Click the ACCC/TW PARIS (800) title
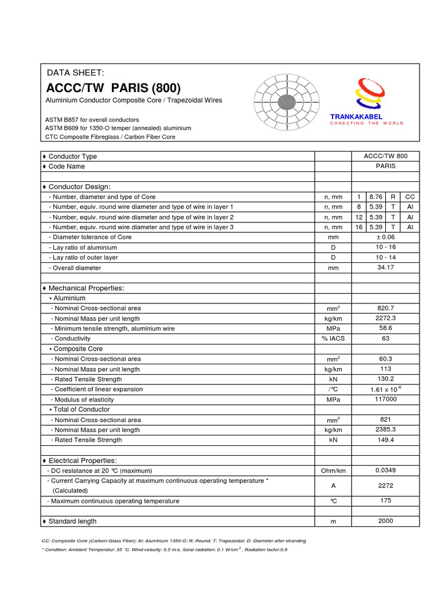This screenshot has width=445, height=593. coord(113,89)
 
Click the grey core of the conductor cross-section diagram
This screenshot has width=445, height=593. coord(284,104)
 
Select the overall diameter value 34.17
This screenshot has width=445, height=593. coord(385,268)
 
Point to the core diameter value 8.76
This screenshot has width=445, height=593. coord(376,197)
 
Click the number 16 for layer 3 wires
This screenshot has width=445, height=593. coord(359,227)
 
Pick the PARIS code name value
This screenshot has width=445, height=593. coord(385,166)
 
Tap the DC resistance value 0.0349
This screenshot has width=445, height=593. coord(385,470)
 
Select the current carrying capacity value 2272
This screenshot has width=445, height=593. coord(385,486)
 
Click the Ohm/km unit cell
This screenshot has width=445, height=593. coord(333,471)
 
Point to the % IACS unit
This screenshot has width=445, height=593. coord(333,339)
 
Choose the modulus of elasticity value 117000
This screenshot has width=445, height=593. coord(385,400)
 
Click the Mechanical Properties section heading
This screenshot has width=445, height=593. coord(86,288)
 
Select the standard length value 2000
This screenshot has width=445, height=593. coord(385,521)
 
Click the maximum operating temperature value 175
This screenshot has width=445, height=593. coord(385,501)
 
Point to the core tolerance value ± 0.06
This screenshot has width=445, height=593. coord(385,237)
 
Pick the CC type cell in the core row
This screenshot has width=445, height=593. coord(410,197)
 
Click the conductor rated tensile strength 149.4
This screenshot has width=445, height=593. coord(385,440)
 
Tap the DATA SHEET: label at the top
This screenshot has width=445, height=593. coord(75,72)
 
